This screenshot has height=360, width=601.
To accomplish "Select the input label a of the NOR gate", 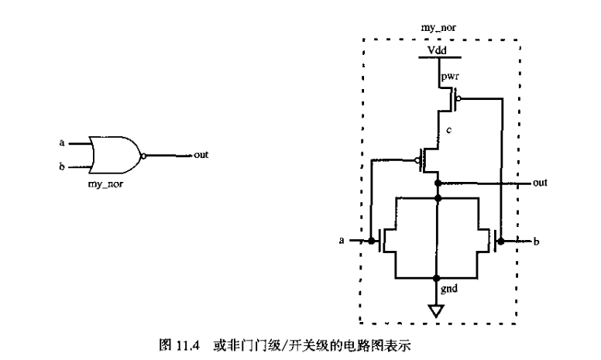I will [62, 142].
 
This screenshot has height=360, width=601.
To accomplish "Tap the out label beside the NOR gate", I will [201, 155].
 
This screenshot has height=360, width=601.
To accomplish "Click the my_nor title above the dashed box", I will [438, 27].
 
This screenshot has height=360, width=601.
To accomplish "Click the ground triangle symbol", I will [438, 311].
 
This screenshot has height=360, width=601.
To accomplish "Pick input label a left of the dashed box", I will [342, 242].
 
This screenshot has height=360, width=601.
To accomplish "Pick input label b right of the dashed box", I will [535, 242].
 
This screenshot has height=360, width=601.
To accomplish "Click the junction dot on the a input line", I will [371, 241].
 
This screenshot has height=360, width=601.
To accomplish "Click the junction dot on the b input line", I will [502, 241].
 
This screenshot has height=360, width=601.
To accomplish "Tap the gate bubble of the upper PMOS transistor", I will [458, 98].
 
